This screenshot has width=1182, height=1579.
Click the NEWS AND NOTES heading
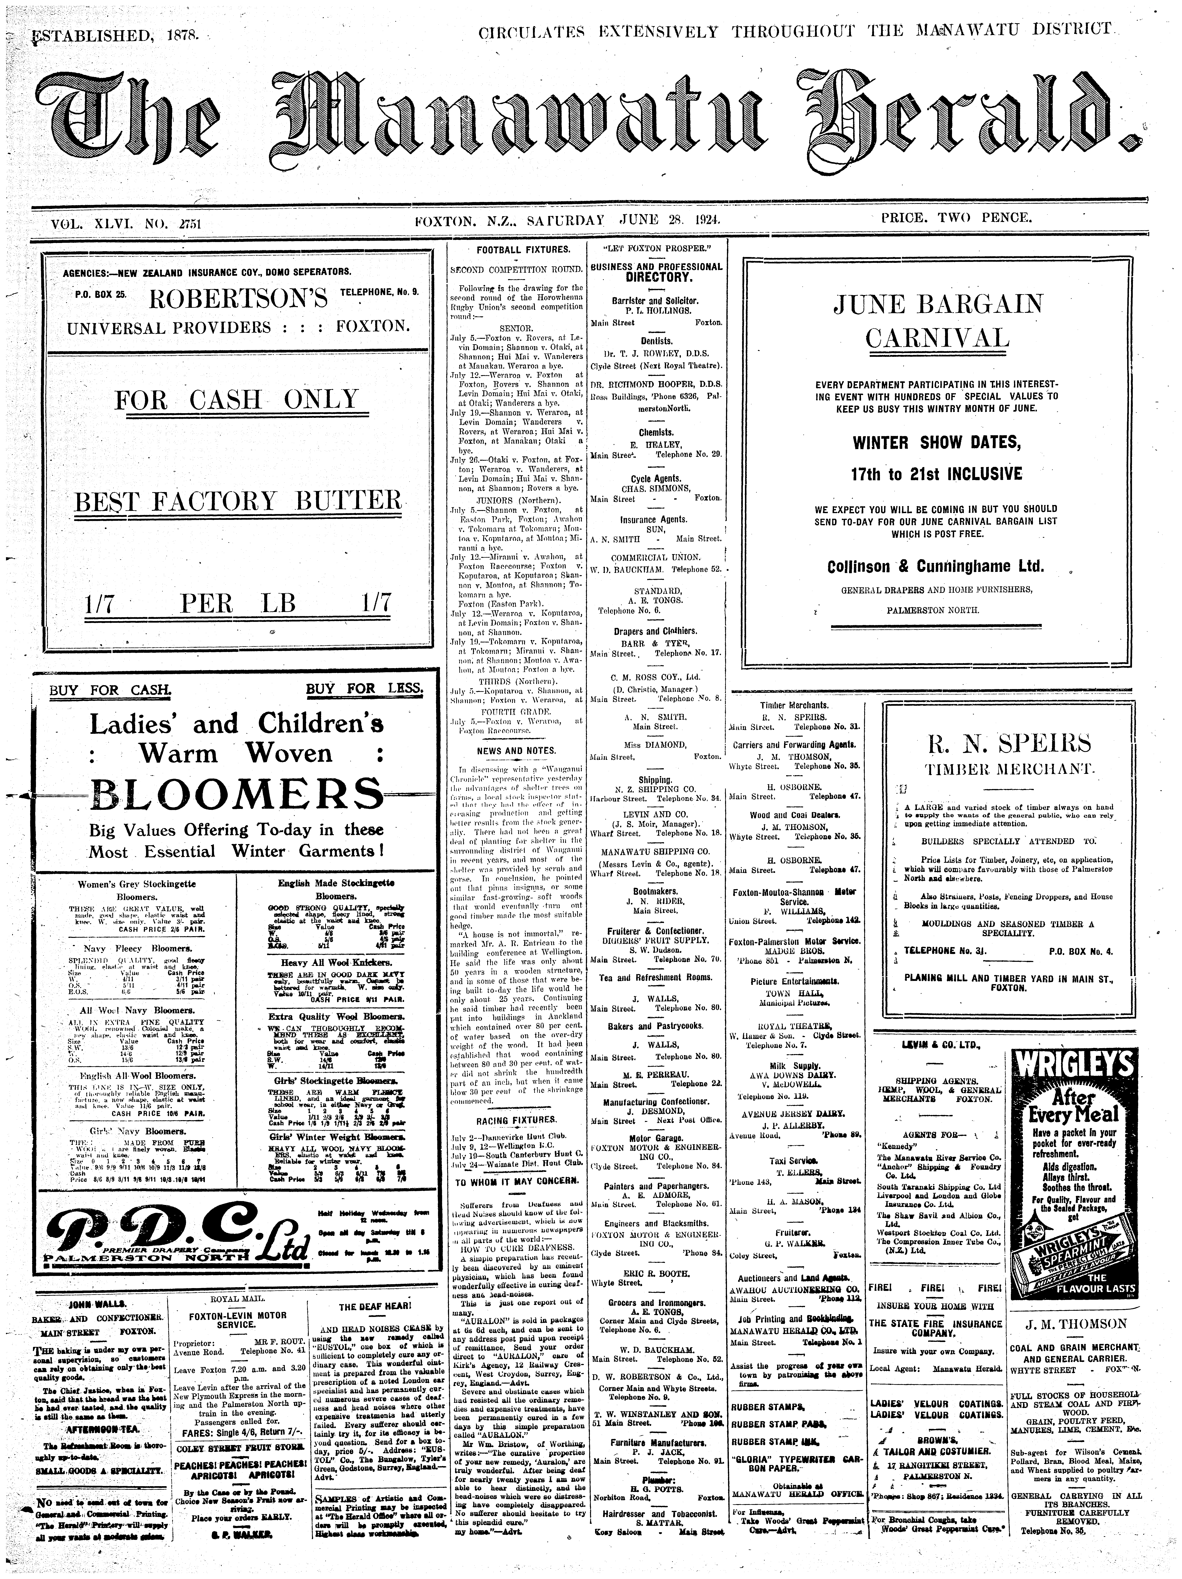tap(516, 750)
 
